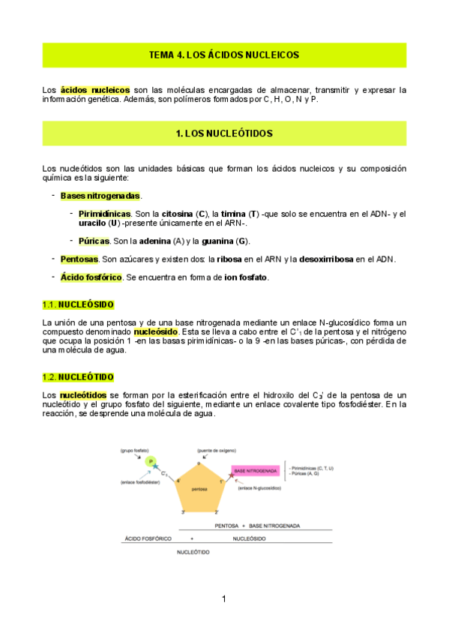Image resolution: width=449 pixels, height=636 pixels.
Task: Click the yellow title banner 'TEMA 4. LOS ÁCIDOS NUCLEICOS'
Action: (224, 55)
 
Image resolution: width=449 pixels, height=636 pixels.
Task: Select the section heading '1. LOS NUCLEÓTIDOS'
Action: (224, 133)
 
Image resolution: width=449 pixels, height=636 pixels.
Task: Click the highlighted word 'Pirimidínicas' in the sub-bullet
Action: (105, 214)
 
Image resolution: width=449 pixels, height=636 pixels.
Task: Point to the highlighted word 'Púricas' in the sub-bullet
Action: (94, 241)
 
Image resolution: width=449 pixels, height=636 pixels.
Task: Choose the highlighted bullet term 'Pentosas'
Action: (79, 259)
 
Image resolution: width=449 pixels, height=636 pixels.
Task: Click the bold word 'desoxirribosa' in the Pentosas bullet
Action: (326, 259)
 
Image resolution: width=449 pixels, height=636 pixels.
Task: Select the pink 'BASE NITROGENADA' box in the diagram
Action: (256, 471)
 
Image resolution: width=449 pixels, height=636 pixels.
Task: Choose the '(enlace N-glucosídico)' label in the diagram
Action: (259, 488)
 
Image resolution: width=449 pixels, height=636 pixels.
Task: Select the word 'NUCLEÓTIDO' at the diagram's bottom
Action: (193, 552)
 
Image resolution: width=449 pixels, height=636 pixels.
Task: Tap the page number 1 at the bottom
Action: (223, 598)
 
